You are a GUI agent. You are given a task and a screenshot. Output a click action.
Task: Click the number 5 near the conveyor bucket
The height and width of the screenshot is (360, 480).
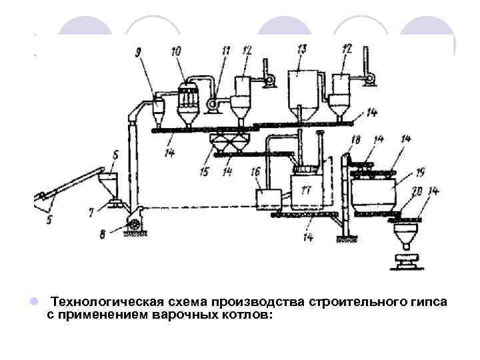pyautogui.click(x=47, y=218)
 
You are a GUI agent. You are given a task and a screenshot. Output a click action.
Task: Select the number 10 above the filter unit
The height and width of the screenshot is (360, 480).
pyautogui.click(x=177, y=52)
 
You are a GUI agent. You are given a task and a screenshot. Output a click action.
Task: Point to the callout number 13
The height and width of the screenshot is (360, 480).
pyautogui.click(x=301, y=49)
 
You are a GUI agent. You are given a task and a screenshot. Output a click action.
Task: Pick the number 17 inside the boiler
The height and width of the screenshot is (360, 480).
pyautogui.click(x=306, y=190)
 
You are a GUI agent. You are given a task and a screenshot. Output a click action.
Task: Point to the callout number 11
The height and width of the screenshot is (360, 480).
pyautogui.click(x=226, y=49)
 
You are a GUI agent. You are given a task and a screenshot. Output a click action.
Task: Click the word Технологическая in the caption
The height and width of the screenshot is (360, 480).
pyautogui.click(x=98, y=303)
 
